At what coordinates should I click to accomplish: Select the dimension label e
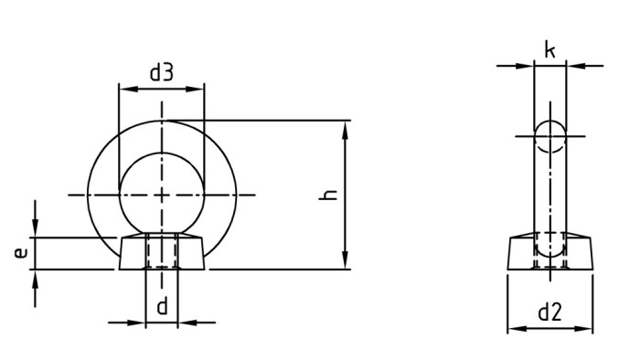[x=20, y=253]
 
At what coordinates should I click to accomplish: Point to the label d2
[x=549, y=313]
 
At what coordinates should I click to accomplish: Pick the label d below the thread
[x=162, y=306]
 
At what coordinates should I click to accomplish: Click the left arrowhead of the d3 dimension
[x=124, y=90]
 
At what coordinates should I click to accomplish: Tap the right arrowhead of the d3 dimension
[x=197, y=90]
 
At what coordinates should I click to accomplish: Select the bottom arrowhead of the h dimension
[x=345, y=263]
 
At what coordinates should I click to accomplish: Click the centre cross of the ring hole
[x=162, y=194]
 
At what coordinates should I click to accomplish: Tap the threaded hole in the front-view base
[x=162, y=252]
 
